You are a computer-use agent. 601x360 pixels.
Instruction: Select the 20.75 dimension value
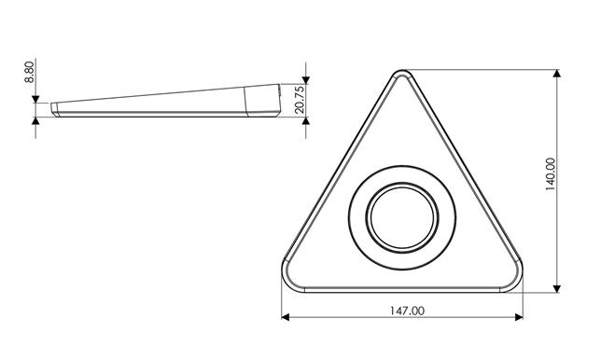pyautogui.click(x=300, y=101)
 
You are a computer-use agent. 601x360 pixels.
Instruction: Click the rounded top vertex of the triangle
pyautogui.click(x=402, y=74)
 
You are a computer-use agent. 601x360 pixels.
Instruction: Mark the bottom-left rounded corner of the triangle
pyautogui.click(x=288, y=279)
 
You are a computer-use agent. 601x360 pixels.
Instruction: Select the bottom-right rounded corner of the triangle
pyautogui.click(x=516, y=279)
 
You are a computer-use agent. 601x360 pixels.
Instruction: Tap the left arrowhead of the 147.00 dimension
pyautogui.click(x=286, y=317)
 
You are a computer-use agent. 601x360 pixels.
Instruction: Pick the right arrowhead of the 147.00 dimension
pyautogui.click(x=519, y=317)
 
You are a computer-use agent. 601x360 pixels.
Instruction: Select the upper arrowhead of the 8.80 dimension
pyautogui.click(x=35, y=97)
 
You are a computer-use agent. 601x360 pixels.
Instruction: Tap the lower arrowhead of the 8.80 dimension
pyautogui.click(x=35, y=122)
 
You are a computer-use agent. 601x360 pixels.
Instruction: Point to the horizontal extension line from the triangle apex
pyautogui.click(x=485, y=70)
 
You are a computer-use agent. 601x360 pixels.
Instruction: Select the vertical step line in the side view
pyautogui.click(x=245, y=101)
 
